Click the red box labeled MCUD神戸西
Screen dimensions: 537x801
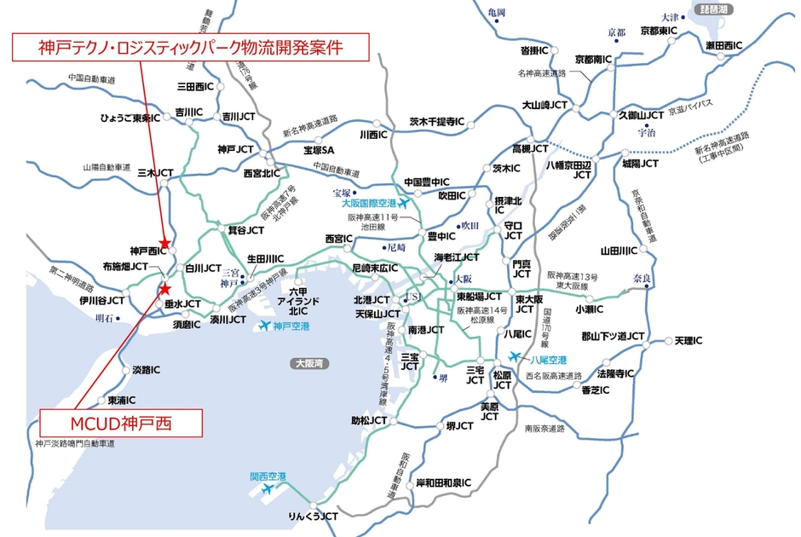121,423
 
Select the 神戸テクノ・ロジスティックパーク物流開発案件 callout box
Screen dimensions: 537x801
190,48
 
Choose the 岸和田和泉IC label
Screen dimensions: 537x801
443,482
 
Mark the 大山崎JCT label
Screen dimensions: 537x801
545,106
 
